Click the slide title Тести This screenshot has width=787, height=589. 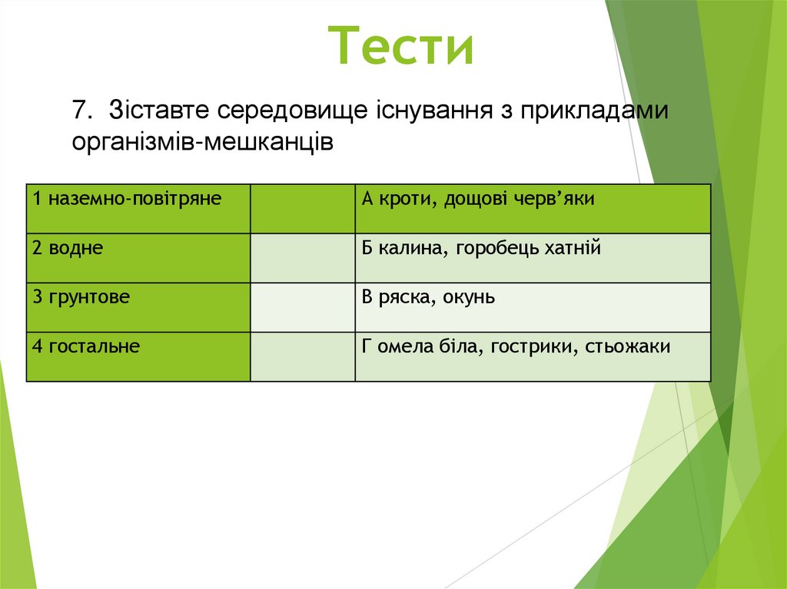402,45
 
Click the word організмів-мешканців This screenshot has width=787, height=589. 203,142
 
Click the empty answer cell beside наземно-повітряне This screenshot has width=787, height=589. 302,208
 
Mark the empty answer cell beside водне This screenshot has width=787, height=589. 302,257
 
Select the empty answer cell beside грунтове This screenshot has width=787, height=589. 302,306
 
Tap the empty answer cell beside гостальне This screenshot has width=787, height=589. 302,356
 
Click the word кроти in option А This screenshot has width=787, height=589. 398,200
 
